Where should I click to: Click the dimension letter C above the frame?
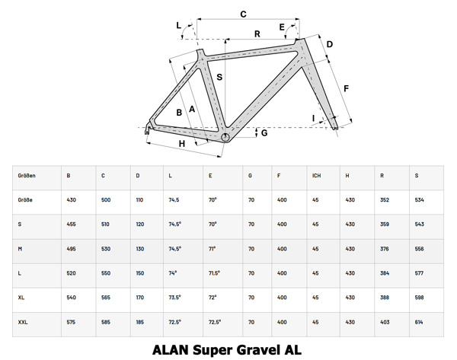click(243, 14)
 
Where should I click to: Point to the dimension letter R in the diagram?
click(257, 33)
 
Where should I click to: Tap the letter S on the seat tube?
click(219, 77)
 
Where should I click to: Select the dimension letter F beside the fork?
click(346, 88)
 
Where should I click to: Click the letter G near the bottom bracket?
click(264, 133)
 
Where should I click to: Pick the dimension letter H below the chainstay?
click(181, 143)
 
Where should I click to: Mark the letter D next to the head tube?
click(329, 44)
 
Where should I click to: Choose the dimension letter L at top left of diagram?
click(180, 26)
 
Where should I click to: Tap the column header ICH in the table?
click(316, 176)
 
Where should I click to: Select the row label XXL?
click(23, 323)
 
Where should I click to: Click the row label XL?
click(21, 298)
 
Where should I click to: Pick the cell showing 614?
click(420, 323)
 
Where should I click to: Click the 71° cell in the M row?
click(213, 249)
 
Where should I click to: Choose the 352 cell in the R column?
click(385, 200)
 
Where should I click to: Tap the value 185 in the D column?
click(140, 323)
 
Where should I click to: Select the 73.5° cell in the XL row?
click(174, 298)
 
